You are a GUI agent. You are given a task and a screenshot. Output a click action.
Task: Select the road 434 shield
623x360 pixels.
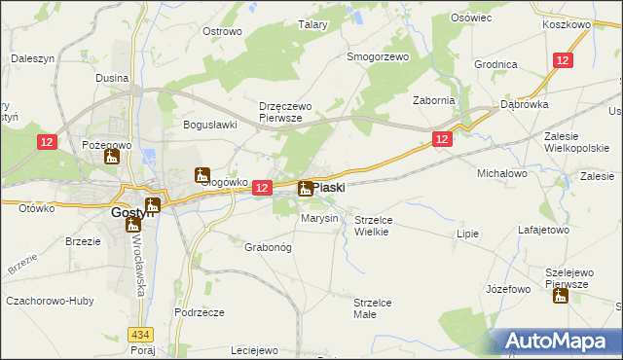tap(146, 333)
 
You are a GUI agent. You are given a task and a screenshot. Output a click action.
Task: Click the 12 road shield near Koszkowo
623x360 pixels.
tap(563, 60)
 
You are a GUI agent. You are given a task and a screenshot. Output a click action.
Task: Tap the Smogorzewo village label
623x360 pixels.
tap(378, 56)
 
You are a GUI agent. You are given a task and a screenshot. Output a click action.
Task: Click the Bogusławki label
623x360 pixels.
tap(211, 125)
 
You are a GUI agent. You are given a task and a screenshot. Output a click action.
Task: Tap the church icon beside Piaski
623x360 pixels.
tap(305, 189)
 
